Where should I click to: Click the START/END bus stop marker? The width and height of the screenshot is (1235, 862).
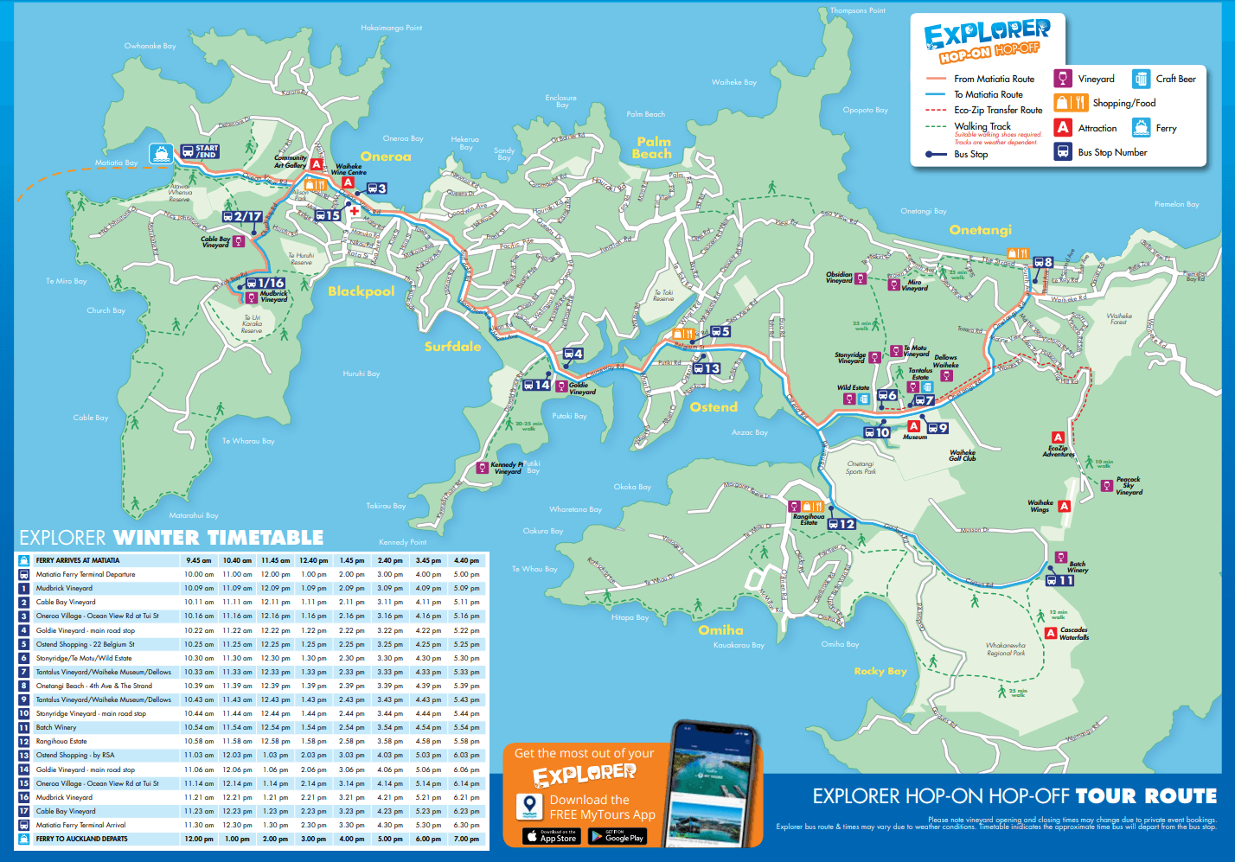click(200, 151)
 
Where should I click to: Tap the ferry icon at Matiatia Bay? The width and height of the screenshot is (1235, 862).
click(161, 154)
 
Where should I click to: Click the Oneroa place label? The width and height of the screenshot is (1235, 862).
click(386, 156)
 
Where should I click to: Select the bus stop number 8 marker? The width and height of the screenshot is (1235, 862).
click(1044, 262)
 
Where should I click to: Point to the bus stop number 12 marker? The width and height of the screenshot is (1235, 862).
click(841, 524)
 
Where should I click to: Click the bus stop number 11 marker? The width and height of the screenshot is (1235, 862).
click(1060, 580)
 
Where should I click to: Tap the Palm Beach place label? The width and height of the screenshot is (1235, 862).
click(652, 148)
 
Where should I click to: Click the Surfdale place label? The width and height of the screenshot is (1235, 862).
click(452, 347)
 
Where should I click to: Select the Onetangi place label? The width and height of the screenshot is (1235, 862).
click(980, 230)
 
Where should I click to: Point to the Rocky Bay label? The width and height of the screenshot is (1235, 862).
click(880, 671)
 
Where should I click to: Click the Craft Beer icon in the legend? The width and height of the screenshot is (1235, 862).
click(1141, 79)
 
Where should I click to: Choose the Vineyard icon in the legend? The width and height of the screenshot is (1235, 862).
click(1063, 79)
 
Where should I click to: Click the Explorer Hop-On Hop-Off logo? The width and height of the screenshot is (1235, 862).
click(987, 41)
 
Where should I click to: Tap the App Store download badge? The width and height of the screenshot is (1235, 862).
click(551, 836)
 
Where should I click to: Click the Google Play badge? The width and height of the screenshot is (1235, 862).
click(617, 836)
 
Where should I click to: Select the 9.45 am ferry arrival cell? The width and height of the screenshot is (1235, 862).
click(198, 560)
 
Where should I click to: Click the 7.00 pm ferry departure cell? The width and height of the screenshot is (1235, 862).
click(466, 839)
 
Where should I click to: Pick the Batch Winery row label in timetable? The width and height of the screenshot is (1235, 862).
click(56, 727)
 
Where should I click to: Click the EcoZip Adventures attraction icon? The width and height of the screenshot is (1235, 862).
click(1057, 437)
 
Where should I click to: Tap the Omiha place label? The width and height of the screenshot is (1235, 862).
click(720, 630)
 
